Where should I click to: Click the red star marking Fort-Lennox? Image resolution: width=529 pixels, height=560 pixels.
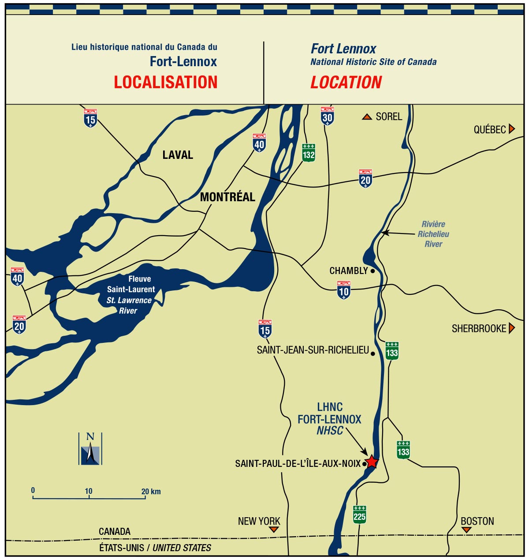click(372, 462)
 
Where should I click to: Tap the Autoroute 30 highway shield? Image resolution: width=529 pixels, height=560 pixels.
click(327, 116)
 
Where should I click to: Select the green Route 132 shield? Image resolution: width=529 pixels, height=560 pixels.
click(309, 153)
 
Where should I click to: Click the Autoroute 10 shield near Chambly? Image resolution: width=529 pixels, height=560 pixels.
click(344, 290)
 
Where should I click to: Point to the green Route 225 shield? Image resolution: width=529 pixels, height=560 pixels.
click(360, 515)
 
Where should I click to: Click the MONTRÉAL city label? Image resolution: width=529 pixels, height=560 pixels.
click(227, 197)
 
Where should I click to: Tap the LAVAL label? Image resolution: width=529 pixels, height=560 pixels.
click(178, 155)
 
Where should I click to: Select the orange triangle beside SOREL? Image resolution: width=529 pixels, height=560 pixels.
click(367, 117)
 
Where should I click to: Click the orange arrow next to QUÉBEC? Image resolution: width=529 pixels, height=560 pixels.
click(512, 129)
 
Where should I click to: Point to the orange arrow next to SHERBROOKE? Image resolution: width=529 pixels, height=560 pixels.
click(512, 328)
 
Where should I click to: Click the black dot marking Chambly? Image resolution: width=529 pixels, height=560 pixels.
click(373, 271)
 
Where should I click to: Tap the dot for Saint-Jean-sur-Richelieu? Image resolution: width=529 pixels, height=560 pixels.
click(373, 353)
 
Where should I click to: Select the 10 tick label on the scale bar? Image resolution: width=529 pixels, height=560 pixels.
click(89, 491)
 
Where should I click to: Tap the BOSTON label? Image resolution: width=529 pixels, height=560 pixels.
click(477, 521)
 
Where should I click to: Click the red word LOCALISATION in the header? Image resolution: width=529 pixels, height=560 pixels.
click(166, 83)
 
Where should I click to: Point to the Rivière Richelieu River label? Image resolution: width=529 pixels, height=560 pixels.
click(433, 234)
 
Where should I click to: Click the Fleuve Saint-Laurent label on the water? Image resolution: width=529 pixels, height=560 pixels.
click(131, 284)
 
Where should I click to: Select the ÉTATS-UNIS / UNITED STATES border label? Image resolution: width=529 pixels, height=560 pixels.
click(155, 548)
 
